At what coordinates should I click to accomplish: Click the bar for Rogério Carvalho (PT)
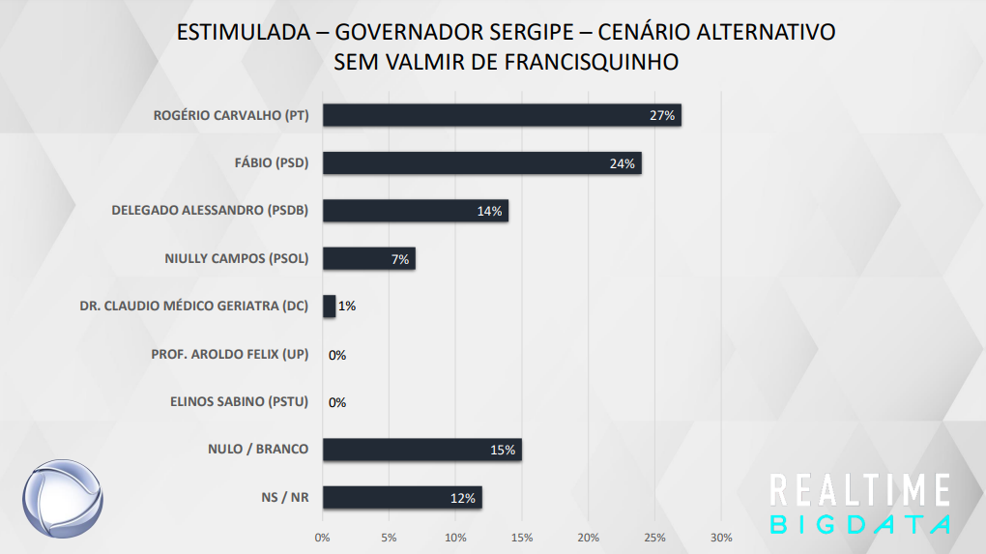(502, 115)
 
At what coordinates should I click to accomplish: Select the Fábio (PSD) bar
(481, 163)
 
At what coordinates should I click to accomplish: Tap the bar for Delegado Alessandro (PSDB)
(415, 211)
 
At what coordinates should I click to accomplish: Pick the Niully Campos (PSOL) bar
(368, 258)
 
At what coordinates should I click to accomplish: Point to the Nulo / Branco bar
(421, 450)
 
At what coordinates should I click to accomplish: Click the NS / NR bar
(401, 498)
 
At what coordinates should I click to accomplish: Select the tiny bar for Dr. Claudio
(329, 306)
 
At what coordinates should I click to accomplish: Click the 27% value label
(662, 116)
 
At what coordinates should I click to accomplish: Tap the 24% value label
(623, 164)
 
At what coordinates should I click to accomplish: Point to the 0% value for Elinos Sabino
(337, 402)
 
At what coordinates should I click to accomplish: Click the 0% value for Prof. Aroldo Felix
(337, 355)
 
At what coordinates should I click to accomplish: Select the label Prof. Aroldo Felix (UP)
(229, 355)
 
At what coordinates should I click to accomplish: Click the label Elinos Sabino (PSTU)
(239, 402)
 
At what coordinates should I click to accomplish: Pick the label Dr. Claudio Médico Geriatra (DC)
(193, 306)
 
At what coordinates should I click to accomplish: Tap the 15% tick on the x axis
(522, 538)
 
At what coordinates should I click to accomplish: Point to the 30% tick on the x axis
(721, 538)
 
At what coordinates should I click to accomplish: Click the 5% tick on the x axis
(389, 538)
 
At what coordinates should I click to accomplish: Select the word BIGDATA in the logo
(859, 523)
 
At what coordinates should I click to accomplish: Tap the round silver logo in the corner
(62, 500)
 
